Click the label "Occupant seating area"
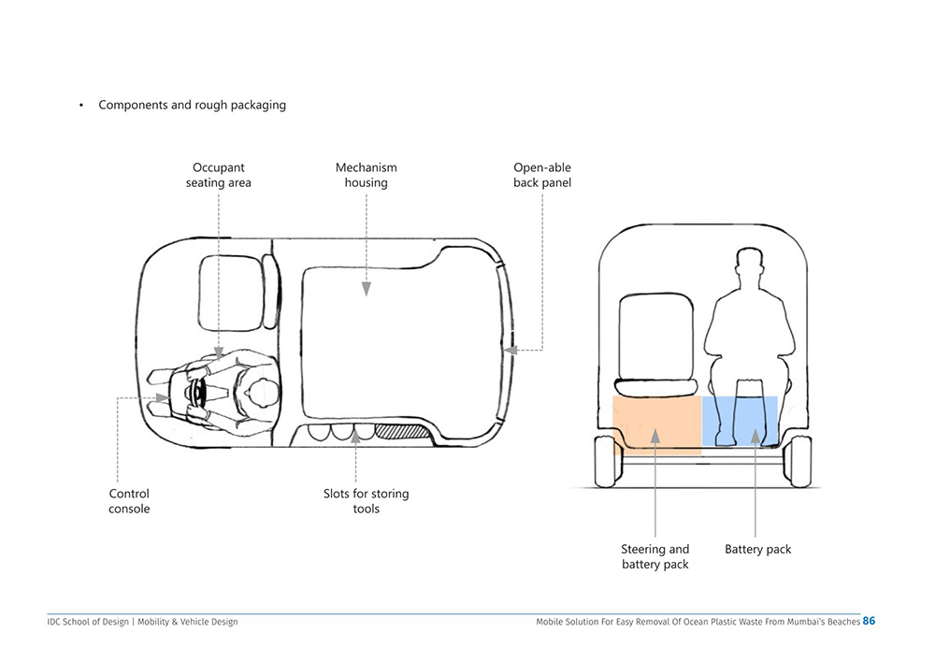(x=218, y=175)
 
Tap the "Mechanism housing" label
(x=367, y=175)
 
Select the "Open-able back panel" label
(x=542, y=175)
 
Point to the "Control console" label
(x=129, y=501)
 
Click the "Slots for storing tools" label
(x=367, y=501)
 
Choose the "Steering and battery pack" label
(x=654, y=556)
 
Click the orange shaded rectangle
(x=657, y=425)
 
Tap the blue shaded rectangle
(x=740, y=421)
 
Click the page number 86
(x=869, y=621)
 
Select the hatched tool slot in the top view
(x=402, y=431)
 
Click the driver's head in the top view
(x=262, y=393)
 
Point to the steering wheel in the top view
(x=197, y=393)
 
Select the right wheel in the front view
(x=798, y=461)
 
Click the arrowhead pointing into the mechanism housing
(x=367, y=289)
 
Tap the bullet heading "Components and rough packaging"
(x=192, y=105)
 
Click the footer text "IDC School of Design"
(x=88, y=622)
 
